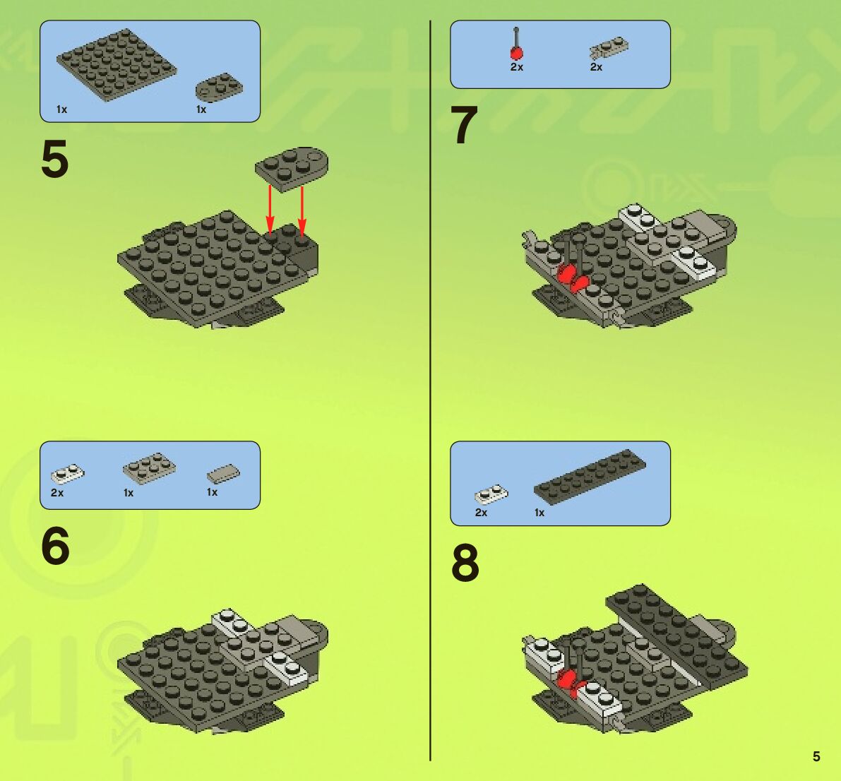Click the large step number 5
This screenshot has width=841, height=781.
(54, 159)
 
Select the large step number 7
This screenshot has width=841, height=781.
(464, 124)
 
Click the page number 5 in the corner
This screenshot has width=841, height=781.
(816, 756)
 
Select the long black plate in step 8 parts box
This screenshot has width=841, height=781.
(590, 477)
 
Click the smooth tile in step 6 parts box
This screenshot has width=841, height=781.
(223, 475)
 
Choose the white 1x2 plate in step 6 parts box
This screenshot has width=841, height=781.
(68, 475)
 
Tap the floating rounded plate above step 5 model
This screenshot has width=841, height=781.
(292, 169)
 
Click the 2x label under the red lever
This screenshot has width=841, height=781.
(516, 67)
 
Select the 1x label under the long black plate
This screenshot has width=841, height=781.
(539, 513)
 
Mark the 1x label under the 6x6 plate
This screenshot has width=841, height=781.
(61, 109)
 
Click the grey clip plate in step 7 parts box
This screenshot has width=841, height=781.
(609, 48)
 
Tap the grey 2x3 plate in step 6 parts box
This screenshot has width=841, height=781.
(149, 467)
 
